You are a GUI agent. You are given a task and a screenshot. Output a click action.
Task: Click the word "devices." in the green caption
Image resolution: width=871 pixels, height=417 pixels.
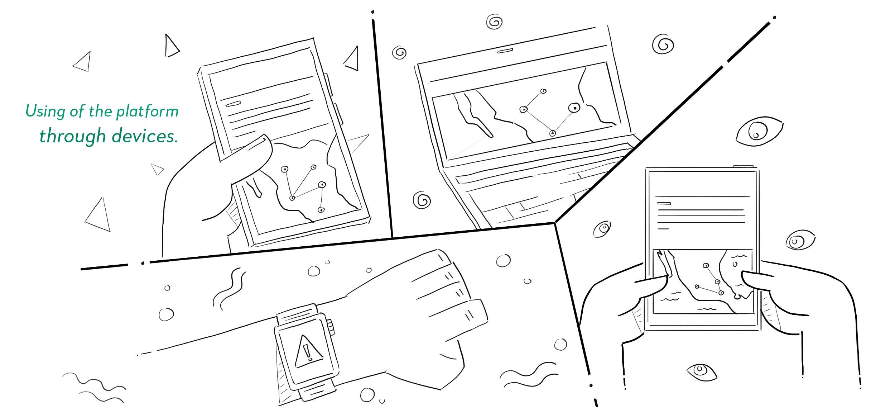(145, 136)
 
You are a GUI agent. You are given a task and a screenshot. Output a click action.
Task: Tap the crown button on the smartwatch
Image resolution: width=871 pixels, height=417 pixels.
(331, 327)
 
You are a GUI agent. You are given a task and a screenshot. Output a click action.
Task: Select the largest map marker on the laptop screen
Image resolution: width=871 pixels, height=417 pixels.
(574, 108)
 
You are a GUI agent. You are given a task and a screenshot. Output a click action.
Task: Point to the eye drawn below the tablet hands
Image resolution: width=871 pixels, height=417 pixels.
(702, 371)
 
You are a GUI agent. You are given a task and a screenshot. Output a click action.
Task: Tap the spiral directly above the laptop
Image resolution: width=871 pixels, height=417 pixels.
(495, 22)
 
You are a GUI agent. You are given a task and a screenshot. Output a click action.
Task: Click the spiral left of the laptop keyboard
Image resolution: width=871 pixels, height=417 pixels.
(422, 200)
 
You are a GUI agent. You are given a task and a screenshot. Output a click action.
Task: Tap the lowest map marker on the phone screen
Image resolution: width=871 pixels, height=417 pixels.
(321, 210)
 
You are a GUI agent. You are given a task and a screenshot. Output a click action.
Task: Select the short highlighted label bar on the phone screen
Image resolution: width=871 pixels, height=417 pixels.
(233, 104)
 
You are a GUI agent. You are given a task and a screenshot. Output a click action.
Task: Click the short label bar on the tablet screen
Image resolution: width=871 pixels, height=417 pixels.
(663, 203)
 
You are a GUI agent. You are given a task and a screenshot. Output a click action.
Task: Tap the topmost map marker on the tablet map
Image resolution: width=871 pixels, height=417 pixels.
(706, 266)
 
